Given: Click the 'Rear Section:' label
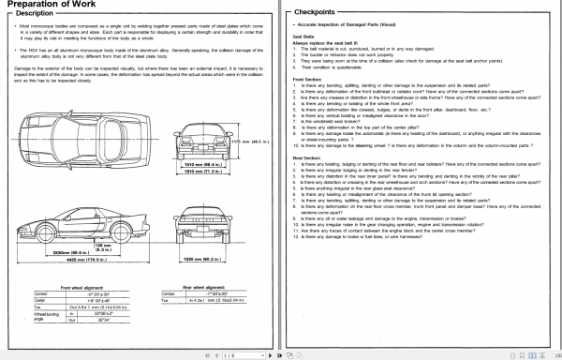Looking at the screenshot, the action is click(307, 157).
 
